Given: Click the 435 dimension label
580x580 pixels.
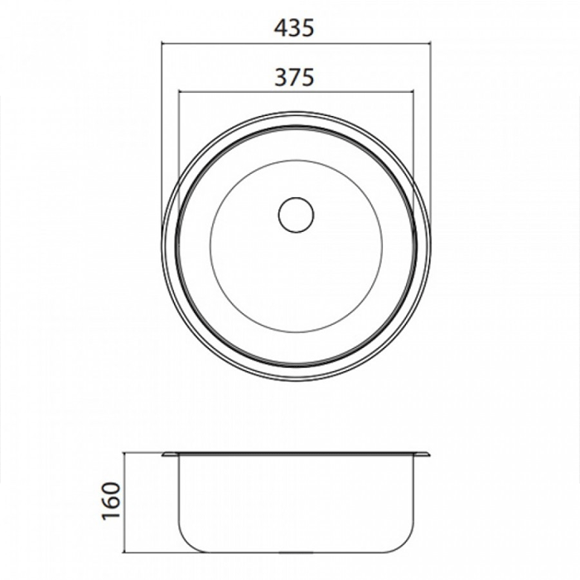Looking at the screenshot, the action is pyautogui.click(x=294, y=28).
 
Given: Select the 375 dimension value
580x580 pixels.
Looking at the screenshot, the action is pyautogui.click(x=294, y=77).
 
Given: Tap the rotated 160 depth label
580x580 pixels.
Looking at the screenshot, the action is pyautogui.click(x=111, y=500).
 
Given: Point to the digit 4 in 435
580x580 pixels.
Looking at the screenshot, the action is pyautogui.click(x=281, y=28).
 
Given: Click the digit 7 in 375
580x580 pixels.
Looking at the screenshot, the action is pyautogui.click(x=294, y=77).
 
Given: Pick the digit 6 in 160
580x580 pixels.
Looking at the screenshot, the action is pyautogui.click(x=111, y=500).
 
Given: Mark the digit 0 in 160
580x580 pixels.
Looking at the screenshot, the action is pyautogui.click(x=111, y=488).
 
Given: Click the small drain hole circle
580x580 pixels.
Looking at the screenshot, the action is pyautogui.click(x=296, y=215).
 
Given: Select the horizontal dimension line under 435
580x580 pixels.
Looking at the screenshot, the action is pyautogui.click(x=297, y=44).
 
